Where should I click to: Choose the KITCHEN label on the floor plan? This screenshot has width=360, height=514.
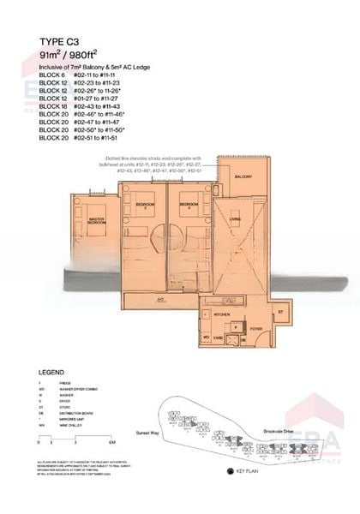(222, 315)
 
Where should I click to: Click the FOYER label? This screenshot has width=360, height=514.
(255, 328)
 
